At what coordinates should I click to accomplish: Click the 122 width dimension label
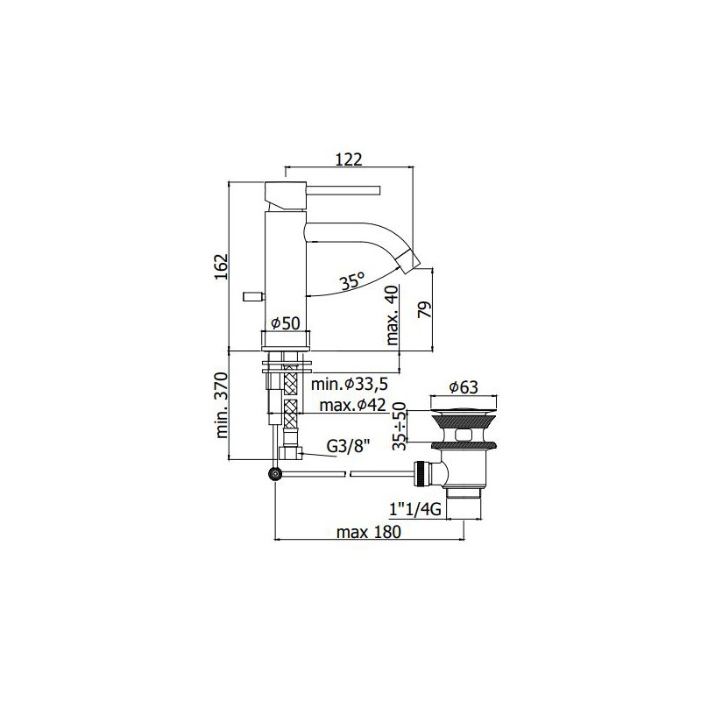349,159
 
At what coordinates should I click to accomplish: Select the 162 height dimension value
222,266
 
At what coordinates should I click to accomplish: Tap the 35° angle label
352,281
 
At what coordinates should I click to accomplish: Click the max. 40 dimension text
392,315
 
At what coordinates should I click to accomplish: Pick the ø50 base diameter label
286,322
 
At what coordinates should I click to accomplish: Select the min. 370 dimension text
222,406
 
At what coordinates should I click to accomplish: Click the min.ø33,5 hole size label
349,384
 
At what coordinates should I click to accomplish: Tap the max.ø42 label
352,405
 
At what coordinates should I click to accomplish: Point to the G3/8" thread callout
348,446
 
